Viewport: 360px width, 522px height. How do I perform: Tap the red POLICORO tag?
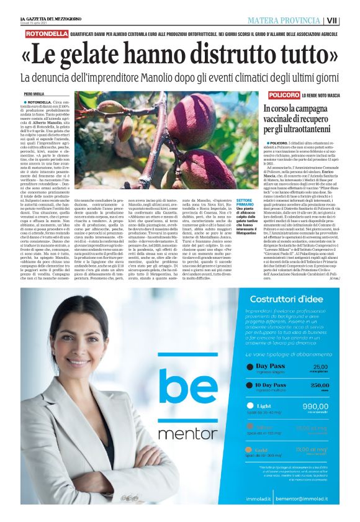(x=284, y=95)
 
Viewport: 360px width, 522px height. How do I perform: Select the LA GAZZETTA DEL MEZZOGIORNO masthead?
(x=56, y=20)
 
